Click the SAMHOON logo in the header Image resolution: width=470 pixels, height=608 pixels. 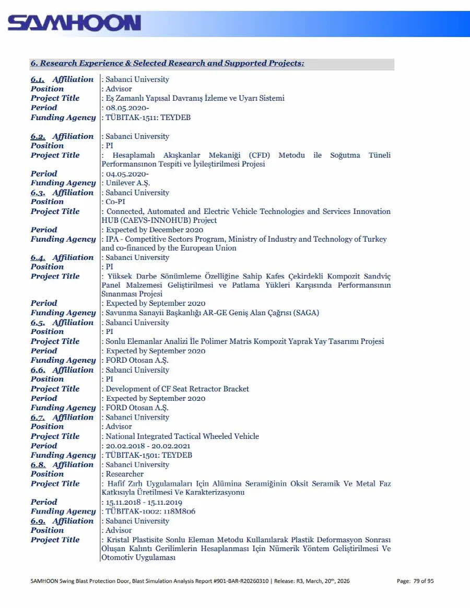pos(74,23)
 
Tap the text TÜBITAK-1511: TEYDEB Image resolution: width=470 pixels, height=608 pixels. pos(148,117)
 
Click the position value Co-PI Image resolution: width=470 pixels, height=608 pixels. pos(116,202)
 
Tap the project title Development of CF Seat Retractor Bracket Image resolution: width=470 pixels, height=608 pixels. pos(178,389)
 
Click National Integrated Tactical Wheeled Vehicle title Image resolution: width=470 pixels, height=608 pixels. pos(182,436)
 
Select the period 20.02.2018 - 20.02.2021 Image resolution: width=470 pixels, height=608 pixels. pos(148,446)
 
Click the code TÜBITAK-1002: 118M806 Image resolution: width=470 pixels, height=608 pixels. pos(150,511)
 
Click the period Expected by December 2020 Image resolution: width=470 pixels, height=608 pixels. pos(155,230)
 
